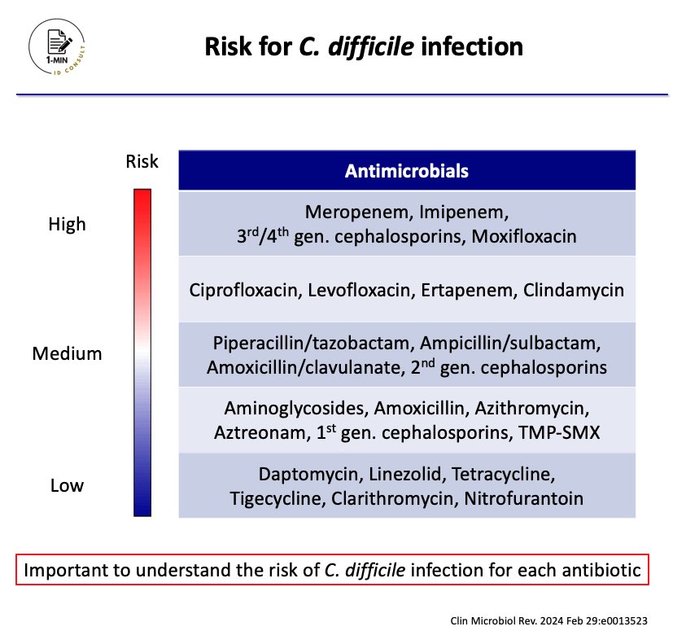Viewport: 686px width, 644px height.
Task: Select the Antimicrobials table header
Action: (407, 171)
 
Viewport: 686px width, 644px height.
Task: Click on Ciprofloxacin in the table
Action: (245, 291)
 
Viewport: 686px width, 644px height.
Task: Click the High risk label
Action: (67, 224)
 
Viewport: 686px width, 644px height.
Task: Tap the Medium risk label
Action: (67, 354)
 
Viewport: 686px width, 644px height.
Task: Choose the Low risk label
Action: (67, 486)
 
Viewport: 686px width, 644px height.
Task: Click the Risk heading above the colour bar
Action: (142, 161)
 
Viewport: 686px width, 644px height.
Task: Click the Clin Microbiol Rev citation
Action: (549, 620)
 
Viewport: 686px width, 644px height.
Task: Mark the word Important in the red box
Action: (65, 570)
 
